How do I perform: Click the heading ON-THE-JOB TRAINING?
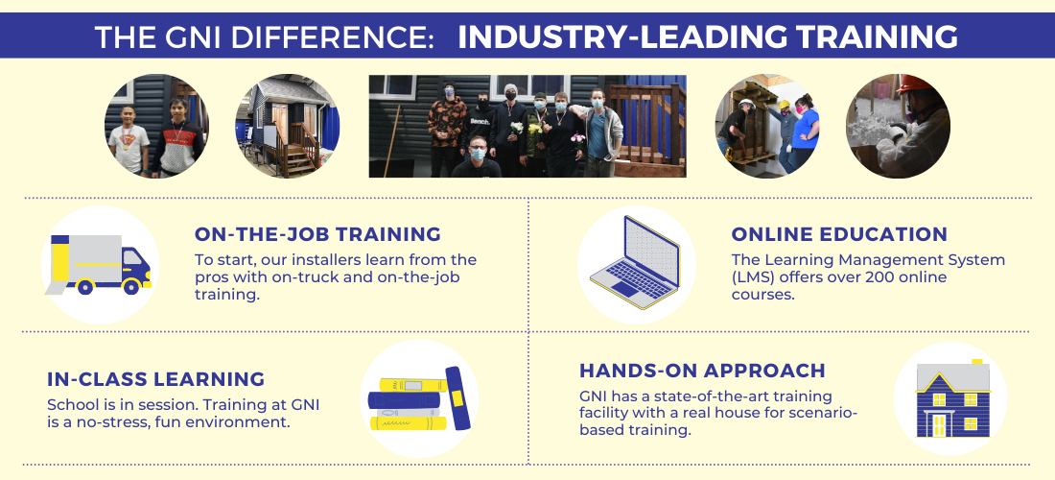(x=317, y=234)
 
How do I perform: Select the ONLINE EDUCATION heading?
(x=839, y=234)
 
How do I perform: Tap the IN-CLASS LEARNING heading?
(x=156, y=379)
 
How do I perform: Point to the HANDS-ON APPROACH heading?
(x=702, y=371)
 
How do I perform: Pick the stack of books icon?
(x=419, y=398)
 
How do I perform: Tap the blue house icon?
(x=952, y=398)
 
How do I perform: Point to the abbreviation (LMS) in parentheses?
(x=753, y=277)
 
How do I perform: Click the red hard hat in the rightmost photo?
(x=914, y=84)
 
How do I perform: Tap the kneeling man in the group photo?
(x=477, y=156)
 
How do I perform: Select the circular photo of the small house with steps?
(x=288, y=126)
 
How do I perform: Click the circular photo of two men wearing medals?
(x=156, y=126)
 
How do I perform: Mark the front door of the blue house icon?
(x=938, y=424)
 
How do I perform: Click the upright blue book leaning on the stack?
(x=457, y=397)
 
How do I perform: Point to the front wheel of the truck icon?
(x=131, y=286)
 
